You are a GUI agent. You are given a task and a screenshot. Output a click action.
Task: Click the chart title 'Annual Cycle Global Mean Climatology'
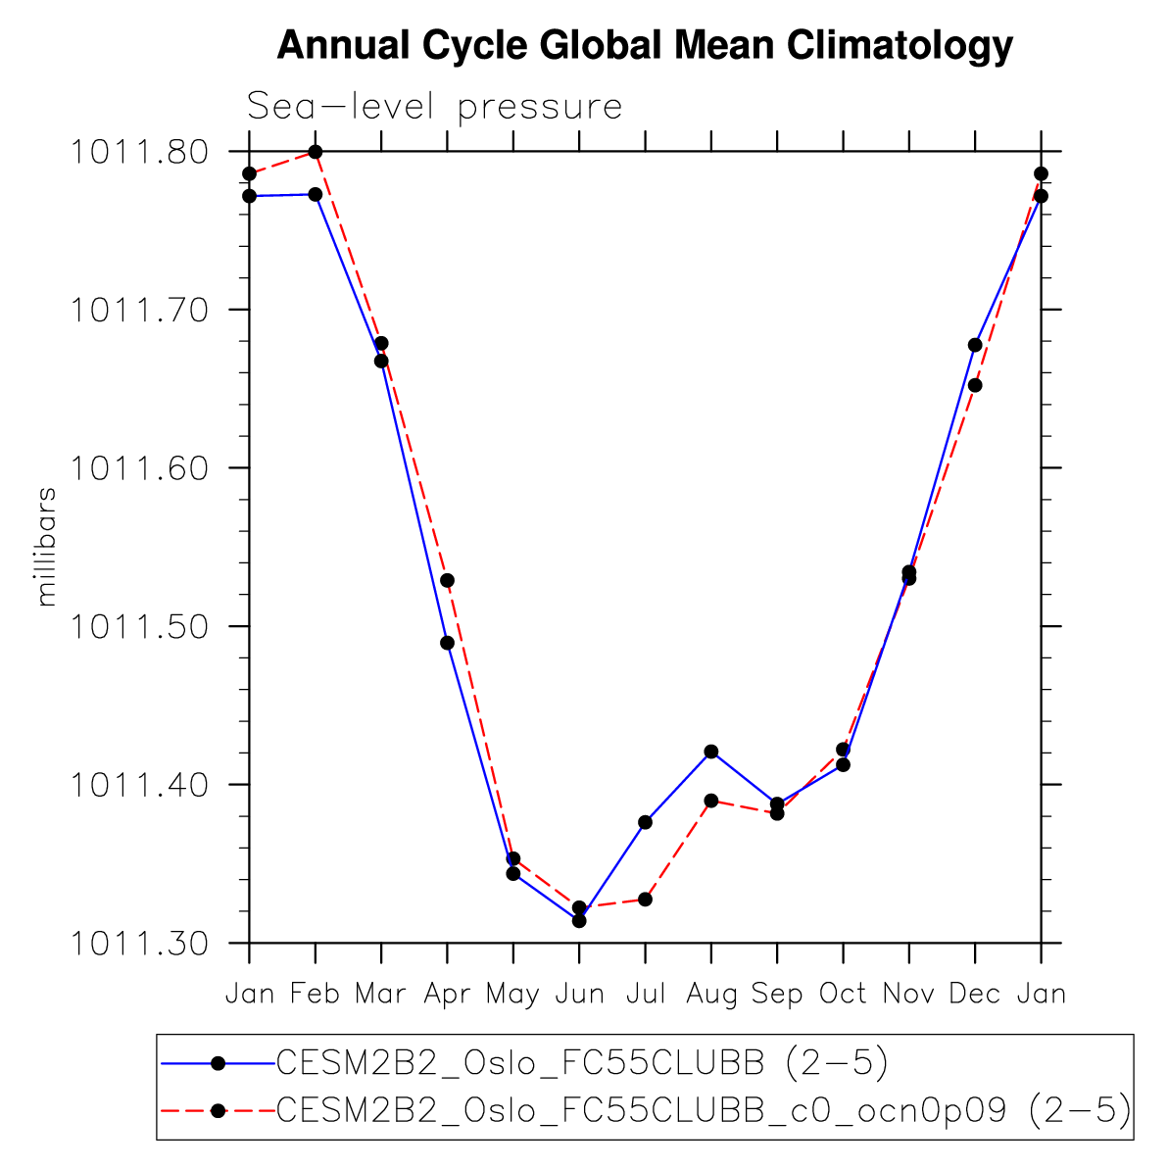tap(645, 46)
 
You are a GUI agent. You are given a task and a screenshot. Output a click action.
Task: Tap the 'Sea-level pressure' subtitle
tap(434, 106)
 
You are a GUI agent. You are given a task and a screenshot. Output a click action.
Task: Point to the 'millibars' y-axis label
tap(46, 546)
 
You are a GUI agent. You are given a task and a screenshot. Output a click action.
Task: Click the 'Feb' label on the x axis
tap(315, 995)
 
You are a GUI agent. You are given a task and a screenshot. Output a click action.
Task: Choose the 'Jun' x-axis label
tap(579, 995)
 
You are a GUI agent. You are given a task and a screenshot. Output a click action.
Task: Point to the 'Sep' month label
tap(777, 995)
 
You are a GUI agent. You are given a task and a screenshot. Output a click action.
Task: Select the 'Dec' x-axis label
tap(975, 995)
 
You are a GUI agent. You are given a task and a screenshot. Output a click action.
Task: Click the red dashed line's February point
tap(316, 152)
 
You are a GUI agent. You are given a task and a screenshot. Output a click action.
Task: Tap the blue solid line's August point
tap(711, 752)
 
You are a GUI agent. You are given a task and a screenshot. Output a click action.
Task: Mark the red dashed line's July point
tap(646, 900)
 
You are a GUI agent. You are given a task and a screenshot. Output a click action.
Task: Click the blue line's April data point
tap(447, 643)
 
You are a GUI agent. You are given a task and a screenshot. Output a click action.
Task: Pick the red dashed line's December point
tap(975, 385)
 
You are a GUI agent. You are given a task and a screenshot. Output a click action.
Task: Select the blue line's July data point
tap(646, 822)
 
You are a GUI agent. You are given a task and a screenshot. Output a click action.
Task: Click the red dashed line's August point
tap(711, 801)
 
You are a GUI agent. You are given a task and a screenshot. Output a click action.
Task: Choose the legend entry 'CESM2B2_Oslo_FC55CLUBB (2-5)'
tap(582, 1062)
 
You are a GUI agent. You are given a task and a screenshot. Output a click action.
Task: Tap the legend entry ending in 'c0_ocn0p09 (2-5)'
tap(704, 1109)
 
